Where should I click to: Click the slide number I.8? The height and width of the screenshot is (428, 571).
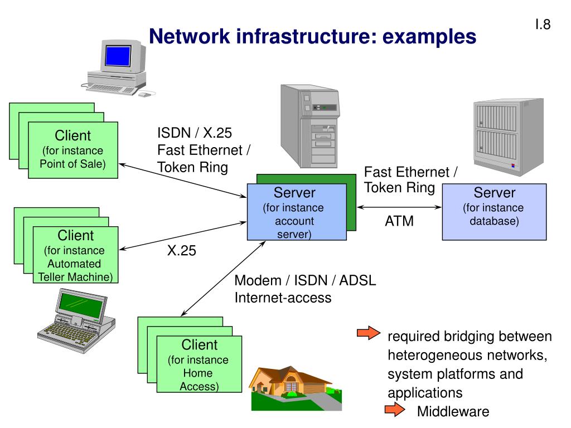pos(543,25)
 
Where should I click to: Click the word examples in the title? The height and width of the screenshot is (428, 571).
pos(429,36)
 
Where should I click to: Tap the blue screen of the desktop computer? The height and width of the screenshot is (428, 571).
pos(118,56)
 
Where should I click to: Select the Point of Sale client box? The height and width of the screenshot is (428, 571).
pos(73,150)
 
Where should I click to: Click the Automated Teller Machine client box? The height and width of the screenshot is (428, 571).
pos(75,255)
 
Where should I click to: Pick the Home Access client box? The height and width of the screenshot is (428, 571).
pos(199,364)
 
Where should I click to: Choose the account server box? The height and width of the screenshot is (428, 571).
pos(297,212)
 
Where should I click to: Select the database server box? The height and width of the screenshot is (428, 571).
pos(494,212)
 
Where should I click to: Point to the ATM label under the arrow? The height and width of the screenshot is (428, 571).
pos(399,221)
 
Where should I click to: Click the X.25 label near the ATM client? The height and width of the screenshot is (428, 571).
pos(181,250)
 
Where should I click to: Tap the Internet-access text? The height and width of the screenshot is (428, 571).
pos(283,298)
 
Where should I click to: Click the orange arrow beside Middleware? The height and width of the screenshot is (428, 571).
pos(395,410)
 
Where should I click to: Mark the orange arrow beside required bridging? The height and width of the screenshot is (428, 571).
pos(369,333)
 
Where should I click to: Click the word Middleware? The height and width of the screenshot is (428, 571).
pos(453,411)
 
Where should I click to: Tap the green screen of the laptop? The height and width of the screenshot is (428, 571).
pos(81,305)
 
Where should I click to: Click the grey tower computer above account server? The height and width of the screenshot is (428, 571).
pos(310,126)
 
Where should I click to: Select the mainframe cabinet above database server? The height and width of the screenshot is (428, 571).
pos(509,137)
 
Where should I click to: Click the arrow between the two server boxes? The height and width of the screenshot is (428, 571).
pos(399,207)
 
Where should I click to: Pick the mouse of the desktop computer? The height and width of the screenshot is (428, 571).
pos(144,95)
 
